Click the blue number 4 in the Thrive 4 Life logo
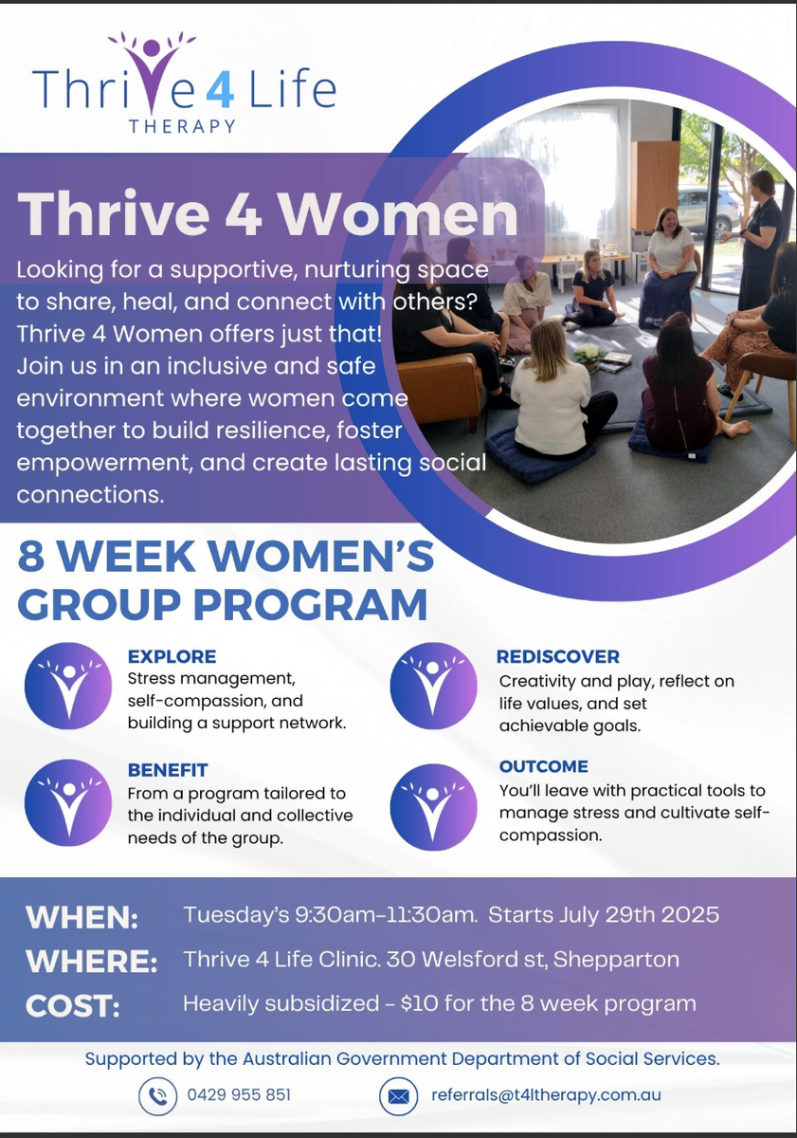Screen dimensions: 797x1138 click(220, 91)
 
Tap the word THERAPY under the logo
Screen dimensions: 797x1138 click(182, 126)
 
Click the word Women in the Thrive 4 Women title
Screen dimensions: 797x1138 click(399, 214)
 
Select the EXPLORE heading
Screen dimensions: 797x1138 click(172, 656)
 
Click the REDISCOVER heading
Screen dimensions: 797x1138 click(558, 656)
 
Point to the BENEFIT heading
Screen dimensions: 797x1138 click(168, 770)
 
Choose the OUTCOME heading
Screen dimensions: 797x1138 click(544, 766)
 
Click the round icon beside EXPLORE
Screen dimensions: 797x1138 click(68, 686)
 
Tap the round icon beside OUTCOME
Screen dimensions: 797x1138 click(433, 807)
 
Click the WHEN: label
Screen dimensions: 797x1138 click(82, 918)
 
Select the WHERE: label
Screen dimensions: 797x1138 click(91, 962)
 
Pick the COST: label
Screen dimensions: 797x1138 click(73, 1006)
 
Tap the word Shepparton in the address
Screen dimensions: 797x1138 click(616, 960)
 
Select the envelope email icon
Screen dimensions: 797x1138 click(398, 1096)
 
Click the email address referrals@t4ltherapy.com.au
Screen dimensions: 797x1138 click(546, 1094)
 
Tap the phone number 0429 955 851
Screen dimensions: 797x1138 click(239, 1094)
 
